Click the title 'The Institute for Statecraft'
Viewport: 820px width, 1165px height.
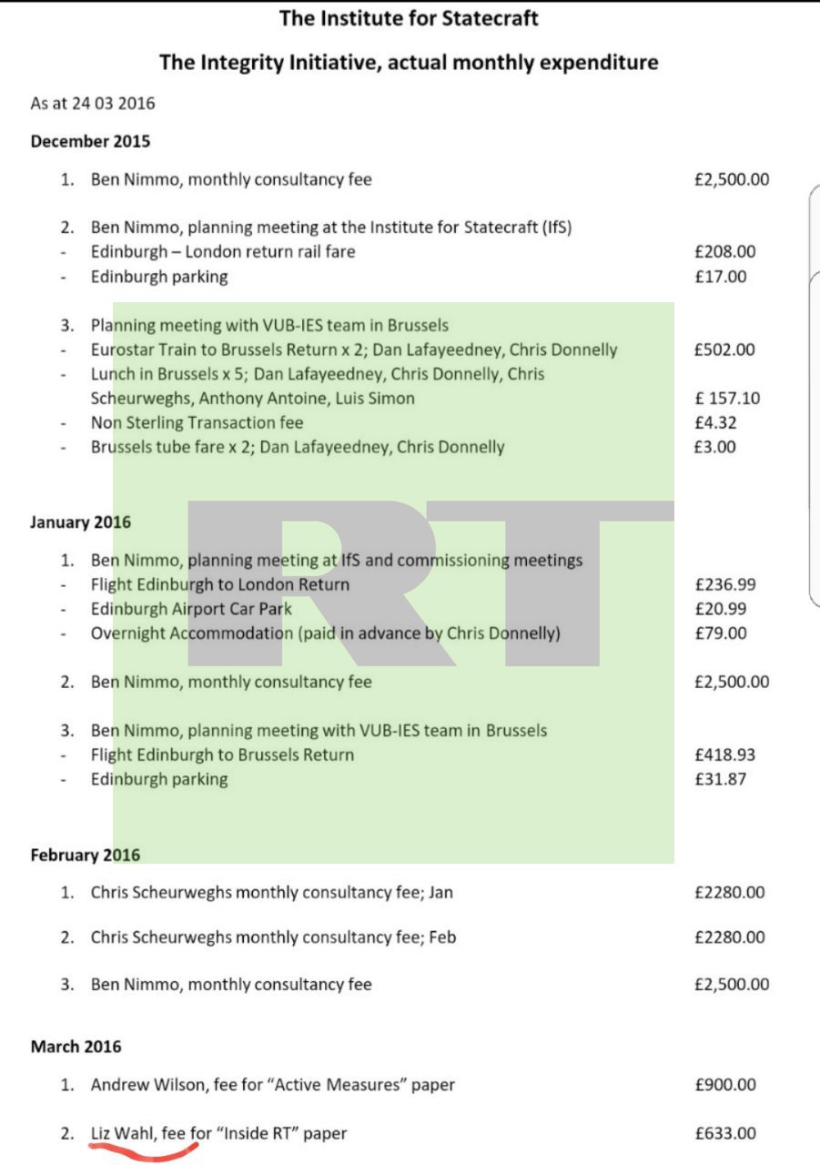tap(409, 18)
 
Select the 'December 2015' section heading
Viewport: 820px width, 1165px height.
tap(90, 141)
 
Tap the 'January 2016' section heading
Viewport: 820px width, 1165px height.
tap(80, 522)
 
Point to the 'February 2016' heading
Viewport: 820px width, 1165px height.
tap(85, 855)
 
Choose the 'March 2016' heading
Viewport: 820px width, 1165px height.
tap(76, 1047)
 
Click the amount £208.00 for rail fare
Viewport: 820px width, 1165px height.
tap(724, 252)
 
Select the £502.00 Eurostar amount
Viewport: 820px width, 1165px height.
tap(724, 349)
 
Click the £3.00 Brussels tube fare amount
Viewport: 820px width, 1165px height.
tap(714, 447)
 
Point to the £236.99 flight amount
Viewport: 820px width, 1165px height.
tap(724, 584)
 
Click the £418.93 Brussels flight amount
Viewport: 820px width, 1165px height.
tap(724, 755)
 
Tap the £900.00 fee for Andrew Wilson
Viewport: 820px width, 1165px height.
tap(724, 1085)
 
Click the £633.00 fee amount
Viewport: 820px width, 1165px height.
tap(724, 1133)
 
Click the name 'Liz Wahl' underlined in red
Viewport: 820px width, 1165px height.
tap(123, 1133)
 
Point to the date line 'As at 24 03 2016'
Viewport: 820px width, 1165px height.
tap(93, 103)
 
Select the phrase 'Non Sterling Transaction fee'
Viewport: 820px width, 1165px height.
tap(197, 422)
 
